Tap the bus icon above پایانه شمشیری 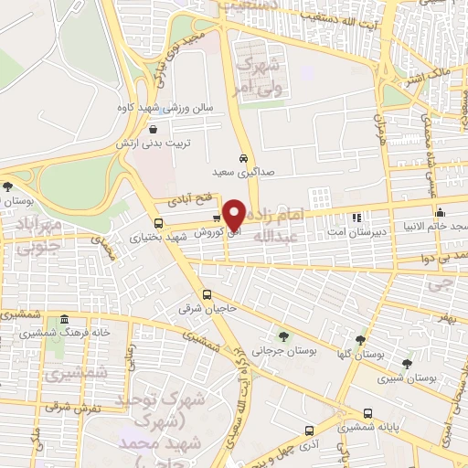367,413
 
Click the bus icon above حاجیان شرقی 208,295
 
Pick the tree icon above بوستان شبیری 407,363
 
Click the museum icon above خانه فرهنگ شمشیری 64,320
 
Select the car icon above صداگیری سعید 243,155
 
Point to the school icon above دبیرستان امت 357,218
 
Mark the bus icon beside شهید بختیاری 159,223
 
